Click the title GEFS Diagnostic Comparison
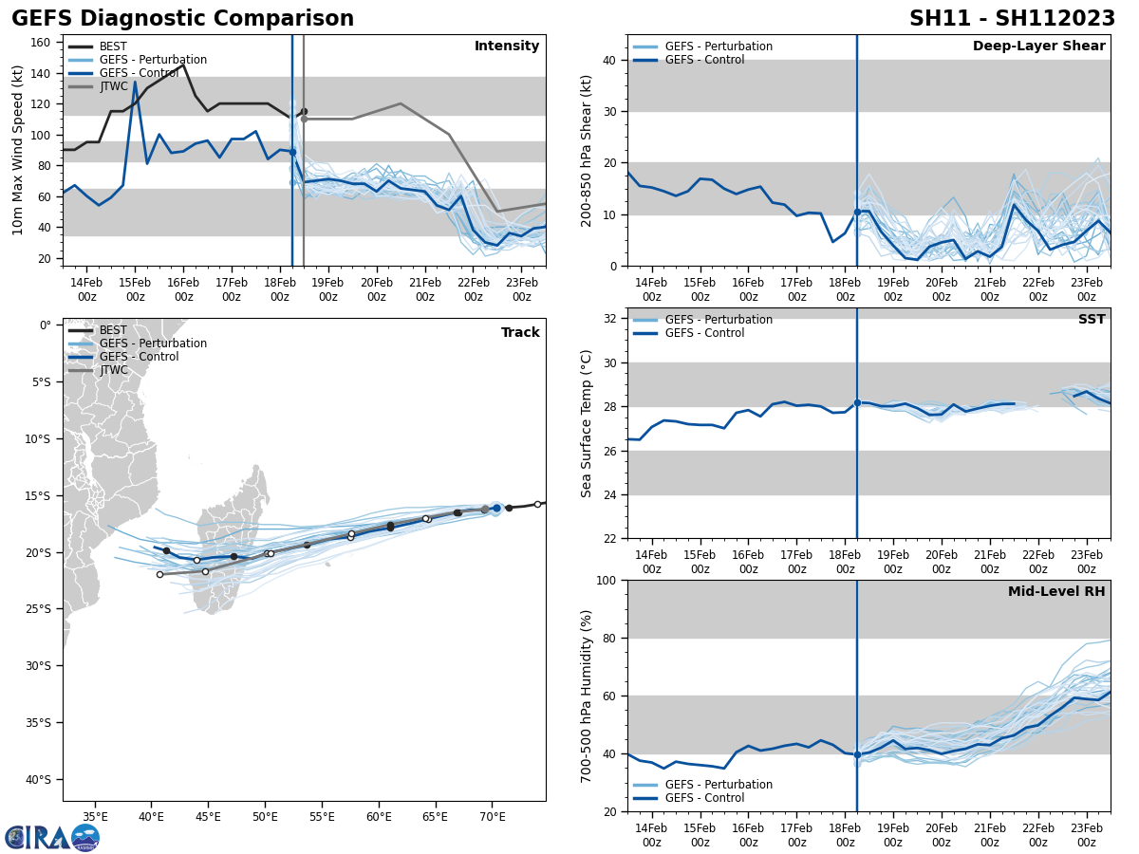pyautogui.click(x=182, y=19)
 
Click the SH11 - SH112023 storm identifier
pyautogui.click(x=1012, y=19)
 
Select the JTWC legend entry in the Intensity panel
pyautogui.click(x=113, y=86)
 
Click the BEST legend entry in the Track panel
pyautogui.click(x=112, y=330)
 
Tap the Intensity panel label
pyautogui.click(x=507, y=46)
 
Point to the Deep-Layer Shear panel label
pyautogui.click(x=1038, y=46)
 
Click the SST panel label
pyautogui.click(x=1091, y=320)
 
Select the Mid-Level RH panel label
pyautogui.click(x=1055, y=592)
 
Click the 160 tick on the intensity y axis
pyautogui.click(x=42, y=43)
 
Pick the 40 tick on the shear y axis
pyautogui.click(x=611, y=61)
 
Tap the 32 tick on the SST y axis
pyautogui.click(x=611, y=319)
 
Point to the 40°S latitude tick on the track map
pyautogui.click(x=39, y=780)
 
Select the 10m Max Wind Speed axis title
pyautogui.click(x=18, y=150)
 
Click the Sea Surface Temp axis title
pyautogui.click(x=587, y=423)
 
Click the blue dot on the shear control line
pyautogui.click(x=857, y=212)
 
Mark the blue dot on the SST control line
pyautogui.click(x=857, y=402)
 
